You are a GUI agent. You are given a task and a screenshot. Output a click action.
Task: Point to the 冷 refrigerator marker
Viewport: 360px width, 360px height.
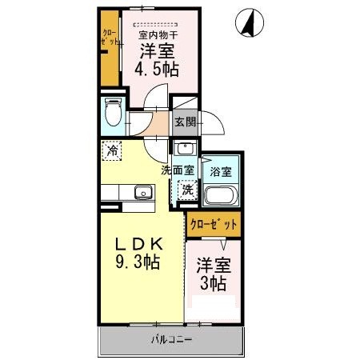tap(113, 149)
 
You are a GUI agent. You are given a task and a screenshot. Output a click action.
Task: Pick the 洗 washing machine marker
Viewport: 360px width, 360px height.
tap(186, 190)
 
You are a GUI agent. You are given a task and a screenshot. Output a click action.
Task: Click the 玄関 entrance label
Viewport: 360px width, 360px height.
tap(185, 122)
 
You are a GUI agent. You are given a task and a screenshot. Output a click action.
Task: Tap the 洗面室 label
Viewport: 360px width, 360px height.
tap(177, 170)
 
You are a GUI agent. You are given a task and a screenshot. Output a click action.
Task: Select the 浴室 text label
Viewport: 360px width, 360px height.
tap(220, 171)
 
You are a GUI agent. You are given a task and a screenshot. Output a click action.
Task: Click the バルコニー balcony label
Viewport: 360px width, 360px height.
tap(171, 342)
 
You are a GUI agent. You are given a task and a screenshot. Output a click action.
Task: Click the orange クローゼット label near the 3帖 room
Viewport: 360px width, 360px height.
tap(214, 225)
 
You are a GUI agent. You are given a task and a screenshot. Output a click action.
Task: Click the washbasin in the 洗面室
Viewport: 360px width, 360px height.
tap(184, 148)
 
